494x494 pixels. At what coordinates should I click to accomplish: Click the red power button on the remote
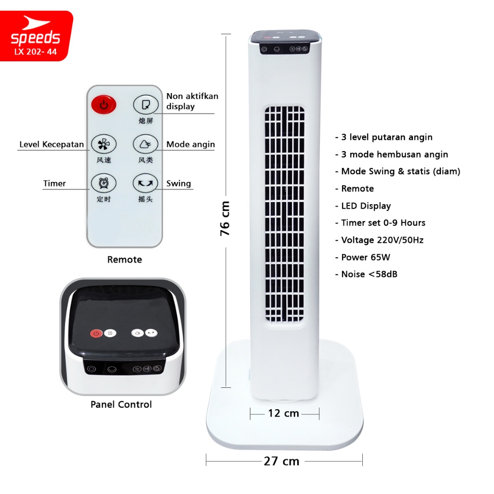pos(104,105)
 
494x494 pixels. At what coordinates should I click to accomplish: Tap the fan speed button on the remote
pos(104,144)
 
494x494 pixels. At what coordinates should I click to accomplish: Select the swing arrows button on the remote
pos(145,183)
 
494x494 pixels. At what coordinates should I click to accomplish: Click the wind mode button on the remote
pos(145,144)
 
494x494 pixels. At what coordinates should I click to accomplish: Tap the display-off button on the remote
pos(146,105)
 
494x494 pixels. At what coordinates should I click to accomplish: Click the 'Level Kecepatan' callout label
pos(52,144)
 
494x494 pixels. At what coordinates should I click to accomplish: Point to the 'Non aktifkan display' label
pos(192,101)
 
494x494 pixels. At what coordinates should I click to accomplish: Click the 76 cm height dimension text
pos(225,219)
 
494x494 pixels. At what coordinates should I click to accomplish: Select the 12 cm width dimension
pos(284,413)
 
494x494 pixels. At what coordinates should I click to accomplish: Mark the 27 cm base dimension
pos(282,461)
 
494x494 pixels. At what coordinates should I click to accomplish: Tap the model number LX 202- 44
pos(36,52)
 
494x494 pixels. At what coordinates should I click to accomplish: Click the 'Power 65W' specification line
pos(363,257)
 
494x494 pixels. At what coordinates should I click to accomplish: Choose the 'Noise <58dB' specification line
pos(367,274)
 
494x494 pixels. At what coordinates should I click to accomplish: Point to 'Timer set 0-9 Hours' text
pos(380,223)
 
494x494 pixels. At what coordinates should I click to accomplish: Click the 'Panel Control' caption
pos(121,404)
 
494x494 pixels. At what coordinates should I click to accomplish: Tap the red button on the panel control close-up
pos(96,333)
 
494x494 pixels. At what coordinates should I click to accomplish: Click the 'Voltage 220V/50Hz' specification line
pos(379,240)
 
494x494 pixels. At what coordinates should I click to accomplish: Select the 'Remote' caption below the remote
pos(125,260)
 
